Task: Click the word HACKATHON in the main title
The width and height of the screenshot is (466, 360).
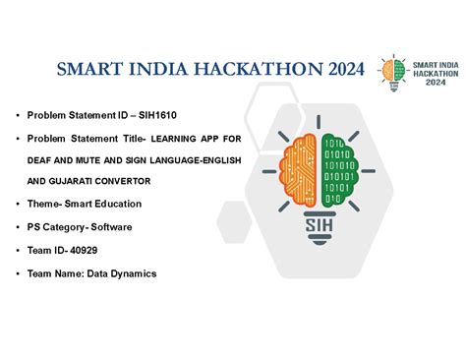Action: tap(261, 69)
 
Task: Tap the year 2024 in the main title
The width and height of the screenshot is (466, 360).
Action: tap(341, 69)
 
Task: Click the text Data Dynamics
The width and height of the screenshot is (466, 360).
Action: tap(123, 273)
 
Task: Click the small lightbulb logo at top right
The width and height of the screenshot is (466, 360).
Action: tap(392, 71)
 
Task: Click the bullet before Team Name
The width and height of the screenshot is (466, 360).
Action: tap(18, 273)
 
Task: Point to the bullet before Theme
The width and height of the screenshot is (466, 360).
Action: tap(18, 204)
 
